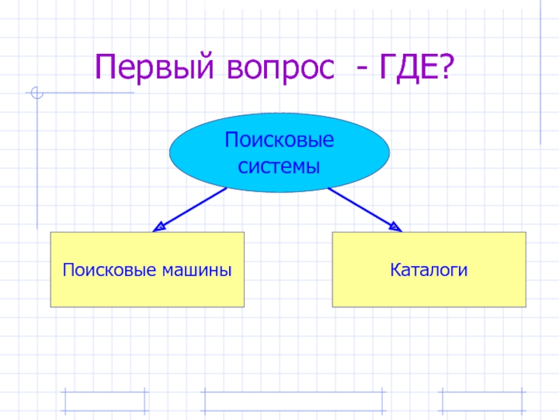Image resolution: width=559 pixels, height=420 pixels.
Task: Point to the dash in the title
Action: [363, 70]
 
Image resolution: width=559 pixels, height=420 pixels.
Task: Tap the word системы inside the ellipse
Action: [279, 167]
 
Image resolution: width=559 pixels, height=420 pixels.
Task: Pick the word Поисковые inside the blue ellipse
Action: [279, 140]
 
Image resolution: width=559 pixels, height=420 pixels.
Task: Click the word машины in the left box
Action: [200, 269]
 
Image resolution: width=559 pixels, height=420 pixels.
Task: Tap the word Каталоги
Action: [428, 269]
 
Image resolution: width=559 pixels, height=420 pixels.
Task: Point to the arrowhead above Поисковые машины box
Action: [159, 226]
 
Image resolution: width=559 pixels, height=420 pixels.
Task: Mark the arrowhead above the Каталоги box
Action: [395, 226]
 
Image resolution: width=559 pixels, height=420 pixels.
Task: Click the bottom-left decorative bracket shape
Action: [105, 400]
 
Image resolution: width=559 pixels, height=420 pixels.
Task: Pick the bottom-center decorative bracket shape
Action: [293, 400]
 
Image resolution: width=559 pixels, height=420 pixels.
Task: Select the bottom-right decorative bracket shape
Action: [482, 400]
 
